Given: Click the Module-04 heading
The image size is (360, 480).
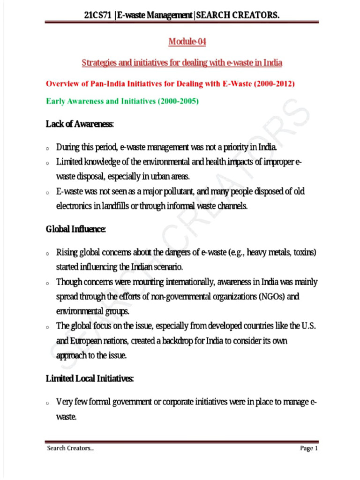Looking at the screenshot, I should [x=187, y=42].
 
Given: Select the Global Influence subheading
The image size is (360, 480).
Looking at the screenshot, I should [x=75, y=230].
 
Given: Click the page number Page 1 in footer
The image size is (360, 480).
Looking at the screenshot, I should [x=309, y=449].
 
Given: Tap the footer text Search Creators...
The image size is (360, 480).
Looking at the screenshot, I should [x=70, y=449].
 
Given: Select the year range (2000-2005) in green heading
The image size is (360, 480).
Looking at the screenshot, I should [x=175, y=100].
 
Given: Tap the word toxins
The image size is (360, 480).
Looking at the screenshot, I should [x=306, y=253].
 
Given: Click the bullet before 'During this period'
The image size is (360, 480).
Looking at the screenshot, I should [x=48, y=149].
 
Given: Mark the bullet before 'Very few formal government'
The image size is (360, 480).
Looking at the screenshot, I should [x=48, y=403].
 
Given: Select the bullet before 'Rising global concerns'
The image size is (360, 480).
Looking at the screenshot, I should [x=48, y=254].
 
